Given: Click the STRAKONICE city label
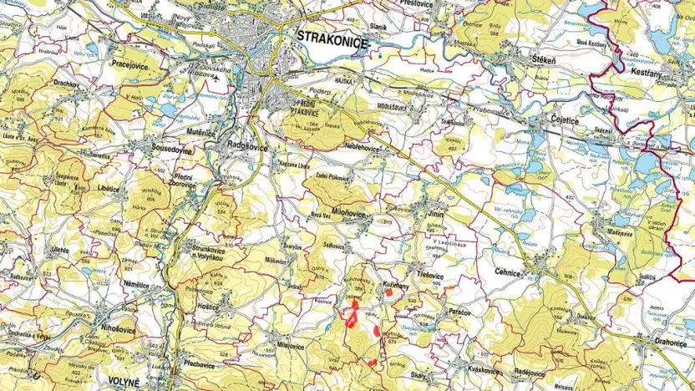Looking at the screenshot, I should tap(332, 38).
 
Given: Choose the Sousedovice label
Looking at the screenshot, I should tap(163, 150).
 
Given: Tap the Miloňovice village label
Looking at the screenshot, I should tap(349, 213).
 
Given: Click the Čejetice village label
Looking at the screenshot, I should tap(566, 119).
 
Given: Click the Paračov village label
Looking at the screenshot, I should tap(459, 310).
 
